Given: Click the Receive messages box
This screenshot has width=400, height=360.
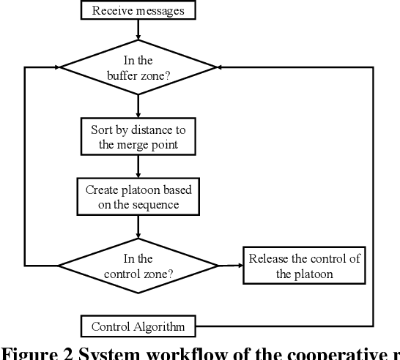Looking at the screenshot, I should (138, 10).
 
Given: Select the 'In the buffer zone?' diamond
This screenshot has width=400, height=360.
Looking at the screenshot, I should (138, 67).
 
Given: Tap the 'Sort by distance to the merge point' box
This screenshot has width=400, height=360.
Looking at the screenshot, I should (138, 137).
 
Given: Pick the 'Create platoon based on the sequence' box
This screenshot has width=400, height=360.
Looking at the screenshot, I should (138, 197).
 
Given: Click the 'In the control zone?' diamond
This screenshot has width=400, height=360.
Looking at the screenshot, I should (138, 265).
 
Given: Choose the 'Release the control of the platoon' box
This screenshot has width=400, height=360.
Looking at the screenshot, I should (304, 266).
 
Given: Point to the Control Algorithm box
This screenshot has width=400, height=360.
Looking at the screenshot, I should (138, 326).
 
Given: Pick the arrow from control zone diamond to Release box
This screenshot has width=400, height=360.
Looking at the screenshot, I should (230, 265).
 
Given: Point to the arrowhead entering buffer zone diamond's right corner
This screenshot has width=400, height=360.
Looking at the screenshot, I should (222, 67).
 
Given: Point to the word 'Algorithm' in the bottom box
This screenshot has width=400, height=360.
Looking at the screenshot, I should (159, 326).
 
